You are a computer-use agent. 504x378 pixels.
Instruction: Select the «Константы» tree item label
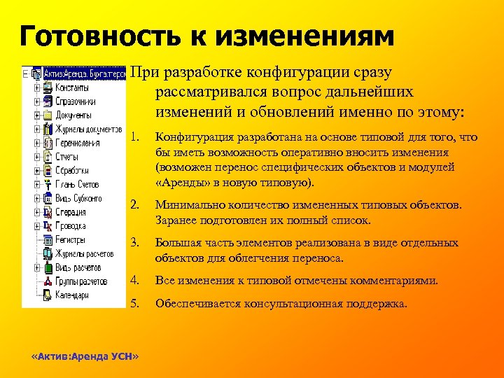pos(72,88)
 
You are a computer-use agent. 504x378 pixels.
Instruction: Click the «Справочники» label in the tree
pos(76,101)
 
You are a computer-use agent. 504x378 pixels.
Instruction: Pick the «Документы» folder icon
pos(47,115)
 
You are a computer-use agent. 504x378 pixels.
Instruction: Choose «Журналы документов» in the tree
pos(89,129)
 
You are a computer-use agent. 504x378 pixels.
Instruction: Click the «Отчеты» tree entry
pos(68,157)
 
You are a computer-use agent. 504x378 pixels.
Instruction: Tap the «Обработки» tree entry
pos(72,171)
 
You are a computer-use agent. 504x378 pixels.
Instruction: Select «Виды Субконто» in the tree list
pos(78,198)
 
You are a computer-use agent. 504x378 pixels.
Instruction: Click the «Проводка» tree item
pos(71,226)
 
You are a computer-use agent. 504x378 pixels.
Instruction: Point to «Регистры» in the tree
pos(71,239)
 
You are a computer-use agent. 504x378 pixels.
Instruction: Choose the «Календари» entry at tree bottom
pos(72,295)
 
